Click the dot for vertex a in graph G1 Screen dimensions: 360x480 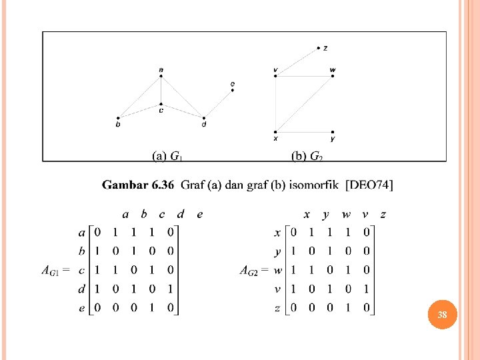pyautogui.click(x=161, y=76)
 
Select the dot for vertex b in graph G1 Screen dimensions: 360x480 pyautogui.click(x=118, y=118)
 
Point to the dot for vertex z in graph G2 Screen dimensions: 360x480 pyautogui.click(x=319, y=48)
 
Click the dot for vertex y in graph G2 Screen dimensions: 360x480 pyautogui.click(x=333, y=132)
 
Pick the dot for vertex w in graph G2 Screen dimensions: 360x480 pyautogui.click(x=332, y=76)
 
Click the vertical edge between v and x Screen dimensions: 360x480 pyautogui.click(x=275, y=104)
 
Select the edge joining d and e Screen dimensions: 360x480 pyautogui.click(x=219, y=104)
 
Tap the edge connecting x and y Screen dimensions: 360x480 pyautogui.click(x=304, y=132)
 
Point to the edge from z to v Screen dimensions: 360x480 pyautogui.click(x=297, y=62)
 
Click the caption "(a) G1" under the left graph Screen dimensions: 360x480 pyautogui.click(x=167, y=157)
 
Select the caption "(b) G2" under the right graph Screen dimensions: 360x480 pyautogui.click(x=307, y=157)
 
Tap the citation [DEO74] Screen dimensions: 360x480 pyautogui.click(x=369, y=185)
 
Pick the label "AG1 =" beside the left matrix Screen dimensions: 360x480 pyautogui.click(x=55, y=271)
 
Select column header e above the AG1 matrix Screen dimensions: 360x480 pyautogui.click(x=199, y=214)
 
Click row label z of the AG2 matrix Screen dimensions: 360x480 pyautogui.click(x=277, y=308)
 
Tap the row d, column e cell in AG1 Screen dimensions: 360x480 pyautogui.click(x=171, y=289)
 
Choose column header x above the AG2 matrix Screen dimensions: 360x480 pyautogui.click(x=306, y=214)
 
